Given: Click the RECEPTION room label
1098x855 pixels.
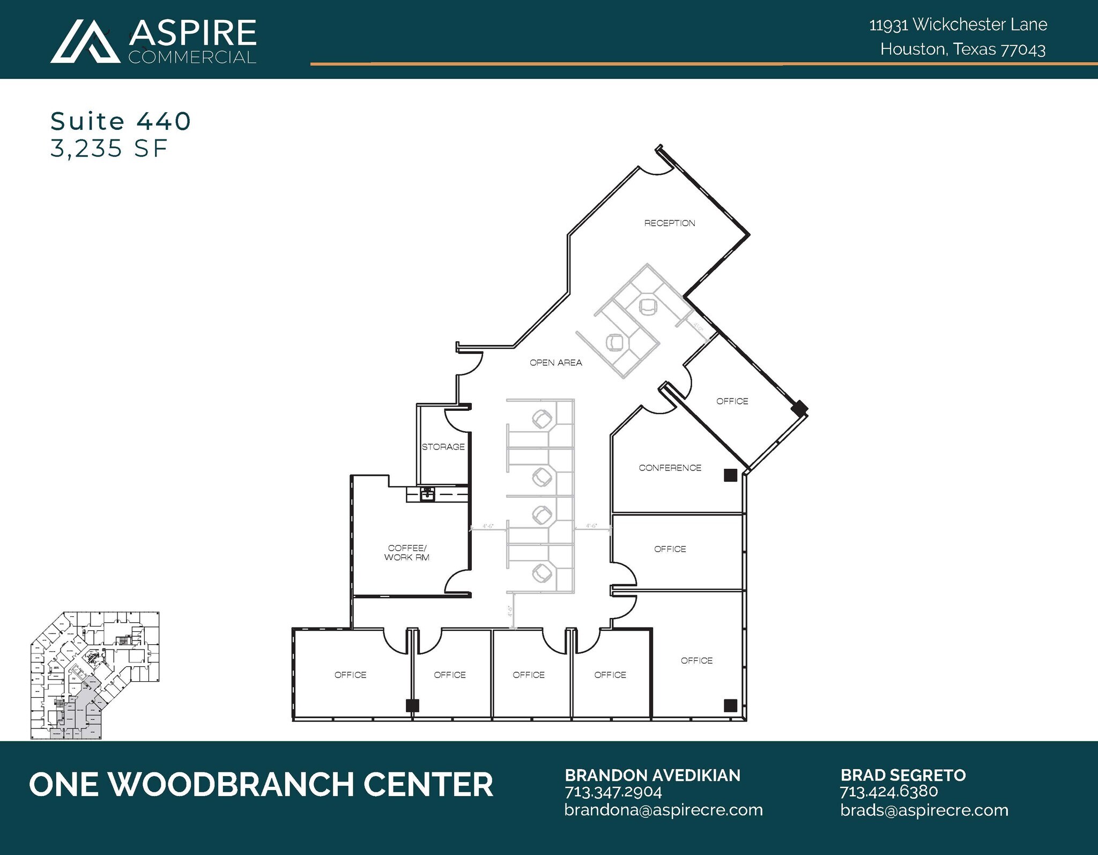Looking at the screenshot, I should [x=669, y=223].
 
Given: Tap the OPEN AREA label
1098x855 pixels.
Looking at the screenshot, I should [x=555, y=363].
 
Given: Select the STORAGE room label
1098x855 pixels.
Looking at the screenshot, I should [x=443, y=447].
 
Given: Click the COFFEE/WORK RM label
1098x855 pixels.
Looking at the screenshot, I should [x=407, y=552].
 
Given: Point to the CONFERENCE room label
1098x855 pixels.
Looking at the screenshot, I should [x=670, y=468].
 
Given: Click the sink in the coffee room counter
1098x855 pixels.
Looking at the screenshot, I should [x=427, y=493].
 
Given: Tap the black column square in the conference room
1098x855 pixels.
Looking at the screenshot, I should [x=730, y=475].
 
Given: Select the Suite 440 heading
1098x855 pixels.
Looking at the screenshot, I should [x=121, y=121].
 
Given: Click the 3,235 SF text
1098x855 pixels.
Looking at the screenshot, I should [x=109, y=149].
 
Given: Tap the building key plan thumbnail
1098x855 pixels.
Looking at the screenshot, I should [x=95, y=676].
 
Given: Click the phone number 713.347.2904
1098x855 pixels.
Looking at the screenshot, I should [x=613, y=792].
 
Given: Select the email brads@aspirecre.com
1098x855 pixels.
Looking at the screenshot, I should [x=924, y=810].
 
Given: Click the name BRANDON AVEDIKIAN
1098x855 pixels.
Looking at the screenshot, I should [x=652, y=775].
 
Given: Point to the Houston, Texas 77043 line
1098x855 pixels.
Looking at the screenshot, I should [x=962, y=49].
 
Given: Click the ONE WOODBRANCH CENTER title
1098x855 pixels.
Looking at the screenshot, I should [x=261, y=784].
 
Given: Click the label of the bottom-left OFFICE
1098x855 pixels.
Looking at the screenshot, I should [x=350, y=675].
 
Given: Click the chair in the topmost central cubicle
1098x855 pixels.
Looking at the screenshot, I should [x=543, y=418].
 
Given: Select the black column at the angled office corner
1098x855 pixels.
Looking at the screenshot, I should [x=799, y=408].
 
